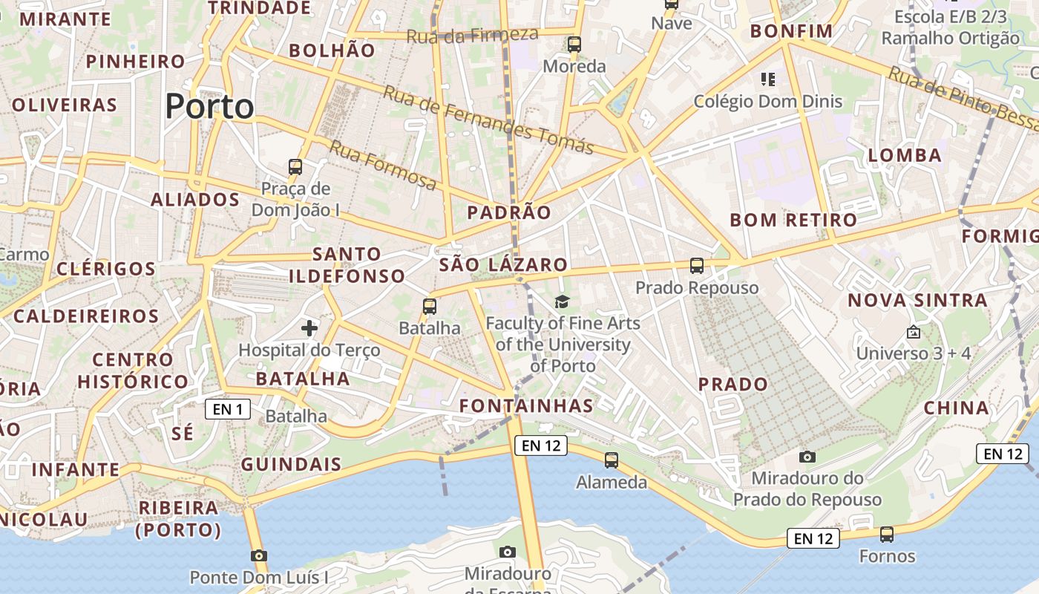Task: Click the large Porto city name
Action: tap(209, 106)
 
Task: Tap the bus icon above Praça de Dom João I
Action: tap(295, 166)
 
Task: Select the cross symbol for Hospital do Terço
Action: tap(309, 327)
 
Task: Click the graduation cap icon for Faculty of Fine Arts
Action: tap(563, 301)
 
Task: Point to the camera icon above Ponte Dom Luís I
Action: tap(259, 555)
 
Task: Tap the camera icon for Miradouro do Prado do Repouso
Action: tap(807, 457)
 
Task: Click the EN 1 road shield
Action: tap(228, 408)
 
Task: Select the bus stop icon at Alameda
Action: tap(612, 460)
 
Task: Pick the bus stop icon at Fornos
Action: tap(887, 534)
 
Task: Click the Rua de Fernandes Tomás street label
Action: tap(488, 120)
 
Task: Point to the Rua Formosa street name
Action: tap(383, 164)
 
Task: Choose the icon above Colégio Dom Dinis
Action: tap(767, 79)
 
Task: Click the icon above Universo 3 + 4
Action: tap(913, 332)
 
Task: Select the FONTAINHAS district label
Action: tap(526, 405)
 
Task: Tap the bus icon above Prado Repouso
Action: tap(696, 265)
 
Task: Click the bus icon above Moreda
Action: tap(574, 45)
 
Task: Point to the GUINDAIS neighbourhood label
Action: tap(291, 465)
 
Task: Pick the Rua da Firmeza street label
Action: tap(472, 34)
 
